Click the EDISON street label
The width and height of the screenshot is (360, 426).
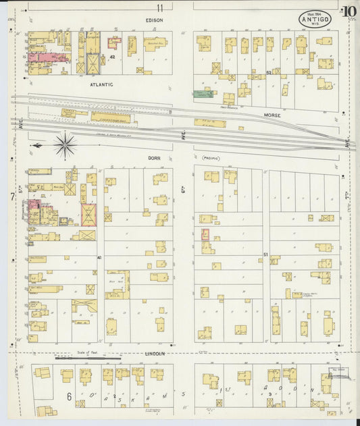(153, 20)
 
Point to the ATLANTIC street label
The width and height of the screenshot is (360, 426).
(101, 84)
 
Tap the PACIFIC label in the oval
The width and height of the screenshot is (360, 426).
(211, 158)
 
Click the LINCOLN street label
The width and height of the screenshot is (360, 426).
(155, 352)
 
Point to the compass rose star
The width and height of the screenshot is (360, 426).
(65, 145)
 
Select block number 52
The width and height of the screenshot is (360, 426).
(268, 72)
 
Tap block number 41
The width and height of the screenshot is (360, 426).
(99, 257)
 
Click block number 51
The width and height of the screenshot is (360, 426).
(265, 254)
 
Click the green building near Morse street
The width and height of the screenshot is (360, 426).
(202, 95)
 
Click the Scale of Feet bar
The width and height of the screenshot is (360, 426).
(88, 356)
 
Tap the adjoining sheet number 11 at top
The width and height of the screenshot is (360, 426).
(160, 8)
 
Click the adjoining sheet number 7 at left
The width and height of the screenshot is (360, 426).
(12, 196)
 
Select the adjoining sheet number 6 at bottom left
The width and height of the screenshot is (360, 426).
(68, 396)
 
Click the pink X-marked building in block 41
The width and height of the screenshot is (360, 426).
(88, 215)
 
